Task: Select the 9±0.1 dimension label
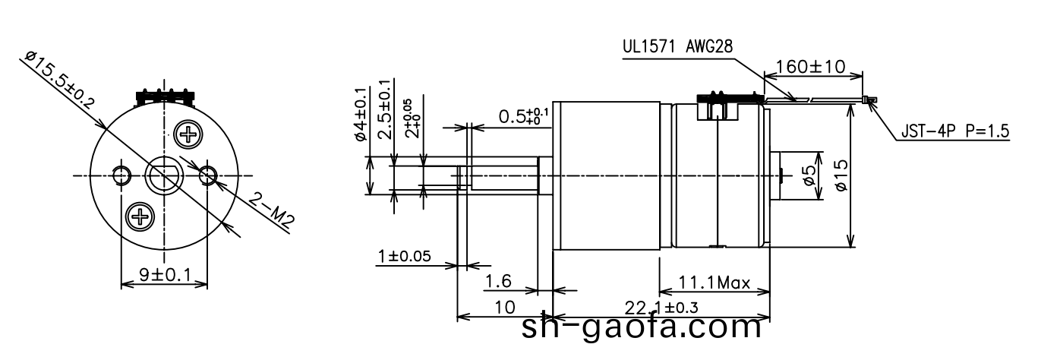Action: pyautogui.click(x=164, y=274)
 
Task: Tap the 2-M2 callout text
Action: pyautogui.click(x=272, y=210)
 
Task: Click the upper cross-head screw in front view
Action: pyautogui.click(x=188, y=135)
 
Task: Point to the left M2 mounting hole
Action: pyautogui.click(x=121, y=176)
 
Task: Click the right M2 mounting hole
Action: pyautogui.click(x=207, y=176)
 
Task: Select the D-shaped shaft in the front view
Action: pyautogui.click(x=164, y=176)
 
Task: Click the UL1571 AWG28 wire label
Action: pyautogui.click(x=677, y=46)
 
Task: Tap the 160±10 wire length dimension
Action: pyautogui.click(x=811, y=67)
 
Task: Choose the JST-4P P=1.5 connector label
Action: pyautogui.click(x=954, y=131)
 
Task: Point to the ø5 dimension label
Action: pyautogui.click(x=809, y=176)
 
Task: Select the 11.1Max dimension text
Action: pyautogui.click(x=713, y=284)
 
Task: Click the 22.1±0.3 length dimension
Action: pyautogui.click(x=661, y=308)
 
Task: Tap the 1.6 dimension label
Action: pyautogui.click(x=498, y=282)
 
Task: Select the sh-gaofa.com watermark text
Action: pyautogui.click(x=642, y=327)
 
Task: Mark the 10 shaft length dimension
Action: pyautogui.click(x=503, y=308)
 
